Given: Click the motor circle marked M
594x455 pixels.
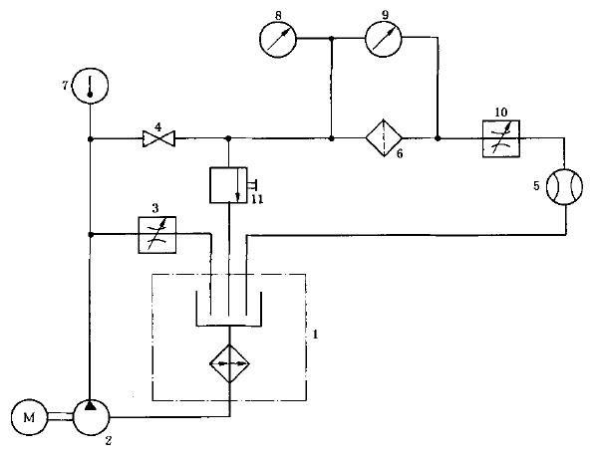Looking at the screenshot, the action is click(x=29, y=417).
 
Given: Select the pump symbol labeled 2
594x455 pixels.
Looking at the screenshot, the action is click(x=91, y=417).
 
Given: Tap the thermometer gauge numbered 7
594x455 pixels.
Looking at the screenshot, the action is click(x=90, y=86).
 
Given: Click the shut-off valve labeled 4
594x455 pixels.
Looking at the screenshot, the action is click(x=158, y=139).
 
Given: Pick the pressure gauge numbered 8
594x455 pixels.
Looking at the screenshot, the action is click(x=278, y=39).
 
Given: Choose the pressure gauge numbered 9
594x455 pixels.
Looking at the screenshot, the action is click(x=384, y=39).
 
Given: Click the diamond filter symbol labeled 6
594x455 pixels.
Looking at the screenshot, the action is click(x=384, y=138).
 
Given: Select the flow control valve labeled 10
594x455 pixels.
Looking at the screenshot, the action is click(x=501, y=138).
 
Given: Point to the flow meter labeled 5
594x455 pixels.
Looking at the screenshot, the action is click(x=564, y=186).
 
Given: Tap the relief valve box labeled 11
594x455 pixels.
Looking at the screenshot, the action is click(x=228, y=185).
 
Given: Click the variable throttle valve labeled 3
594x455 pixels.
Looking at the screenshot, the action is click(x=157, y=235).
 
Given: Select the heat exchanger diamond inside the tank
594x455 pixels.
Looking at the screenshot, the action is click(x=229, y=363).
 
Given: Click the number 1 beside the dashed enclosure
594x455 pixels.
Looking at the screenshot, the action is click(x=315, y=335).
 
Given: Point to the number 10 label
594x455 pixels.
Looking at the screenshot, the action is click(x=501, y=113).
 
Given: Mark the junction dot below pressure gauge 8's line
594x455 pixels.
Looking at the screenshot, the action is click(x=332, y=139).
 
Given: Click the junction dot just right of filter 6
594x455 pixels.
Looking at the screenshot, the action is click(x=438, y=138).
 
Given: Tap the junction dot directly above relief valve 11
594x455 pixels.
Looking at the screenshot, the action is click(x=228, y=139).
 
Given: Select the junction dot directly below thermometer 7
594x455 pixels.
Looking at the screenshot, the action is click(x=90, y=139).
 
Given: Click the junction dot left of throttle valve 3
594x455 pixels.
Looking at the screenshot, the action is click(x=91, y=235).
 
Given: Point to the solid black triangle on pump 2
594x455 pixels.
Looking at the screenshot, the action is click(x=90, y=405).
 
